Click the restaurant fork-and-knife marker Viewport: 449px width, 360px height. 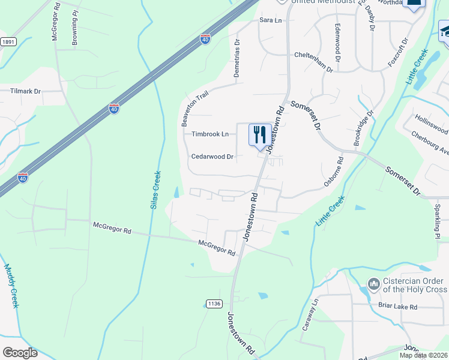(x=260, y=134)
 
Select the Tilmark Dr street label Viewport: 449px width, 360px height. (x=25, y=92)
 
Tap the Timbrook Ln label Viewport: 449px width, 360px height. (x=210, y=134)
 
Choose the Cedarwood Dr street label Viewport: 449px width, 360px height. (x=212, y=157)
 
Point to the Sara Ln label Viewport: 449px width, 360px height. (x=270, y=20)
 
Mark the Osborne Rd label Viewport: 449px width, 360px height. (x=334, y=172)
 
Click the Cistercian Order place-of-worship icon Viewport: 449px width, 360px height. (x=373, y=283)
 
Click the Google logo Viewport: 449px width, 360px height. (x=19, y=352)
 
